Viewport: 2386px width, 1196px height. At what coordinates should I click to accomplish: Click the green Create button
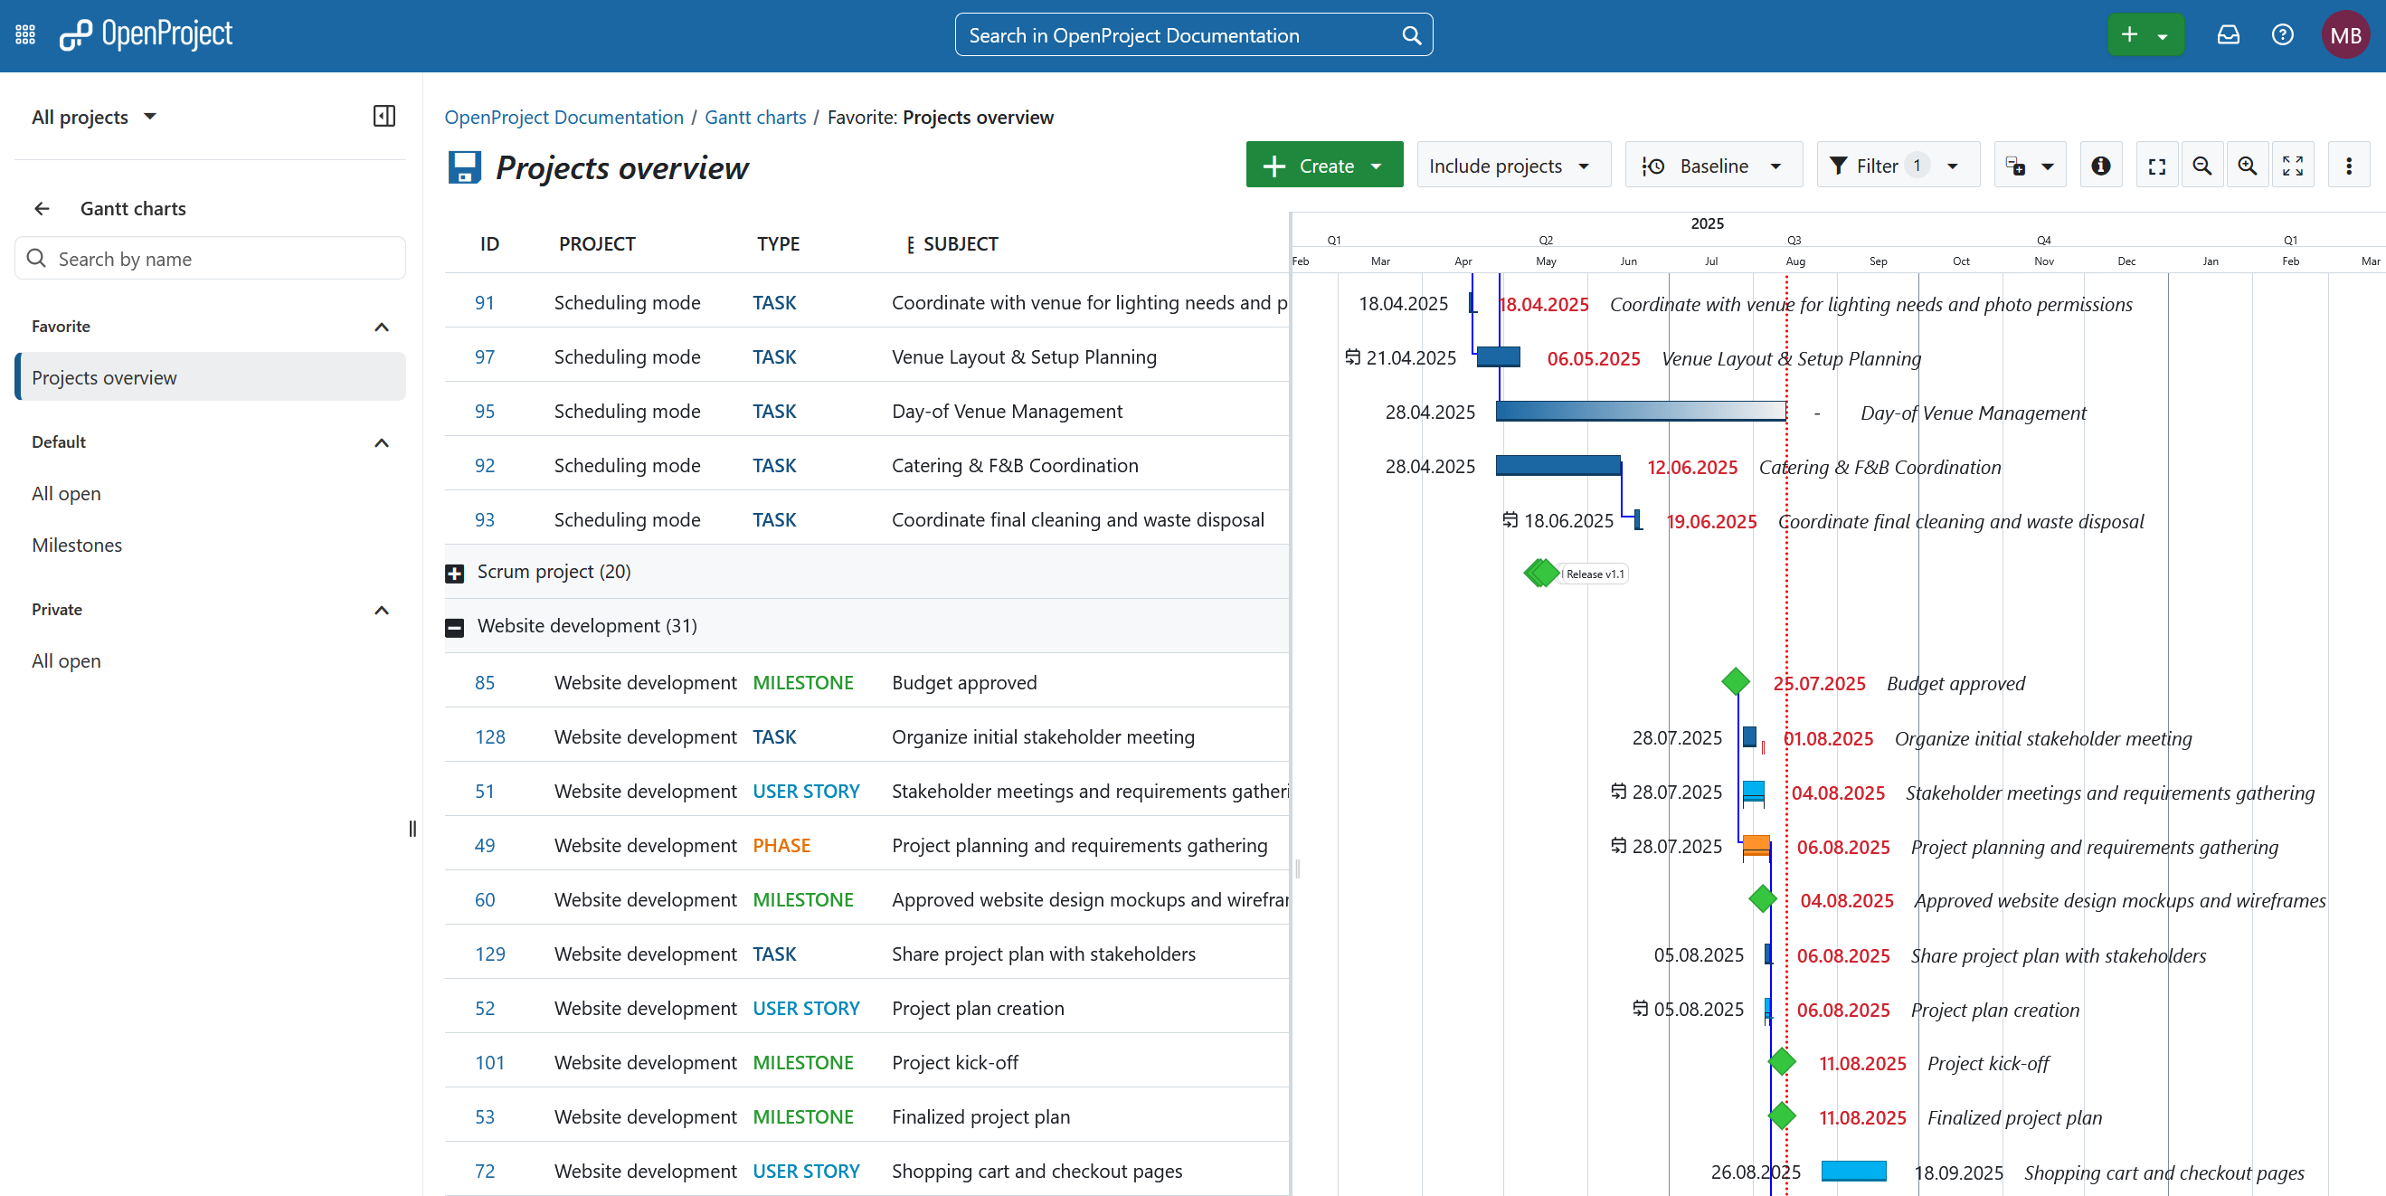click(1322, 166)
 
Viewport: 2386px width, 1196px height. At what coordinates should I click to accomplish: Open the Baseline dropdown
click(1713, 166)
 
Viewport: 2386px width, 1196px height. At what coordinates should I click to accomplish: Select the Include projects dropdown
click(1511, 166)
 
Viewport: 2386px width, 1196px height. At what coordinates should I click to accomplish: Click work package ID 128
click(489, 736)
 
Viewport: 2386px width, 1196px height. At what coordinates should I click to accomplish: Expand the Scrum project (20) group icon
click(454, 574)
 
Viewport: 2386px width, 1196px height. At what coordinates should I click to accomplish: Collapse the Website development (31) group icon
click(454, 627)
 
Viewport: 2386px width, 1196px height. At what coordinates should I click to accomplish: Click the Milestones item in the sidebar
click(77, 545)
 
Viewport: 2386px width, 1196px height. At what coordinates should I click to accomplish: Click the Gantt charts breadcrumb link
click(755, 117)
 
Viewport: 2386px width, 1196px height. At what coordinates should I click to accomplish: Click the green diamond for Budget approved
click(1735, 682)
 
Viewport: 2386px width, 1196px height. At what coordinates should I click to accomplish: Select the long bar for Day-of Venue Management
click(1640, 411)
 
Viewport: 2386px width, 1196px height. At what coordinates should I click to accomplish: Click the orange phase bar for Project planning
click(1756, 844)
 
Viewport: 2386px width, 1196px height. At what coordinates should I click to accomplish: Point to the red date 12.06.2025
click(1691, 467)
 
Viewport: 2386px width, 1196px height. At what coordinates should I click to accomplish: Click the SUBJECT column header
click(960, 243)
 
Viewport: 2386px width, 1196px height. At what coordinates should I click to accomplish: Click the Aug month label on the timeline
click(1794, 261)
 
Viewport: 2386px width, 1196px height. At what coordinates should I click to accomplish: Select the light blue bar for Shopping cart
click(1852, 1170)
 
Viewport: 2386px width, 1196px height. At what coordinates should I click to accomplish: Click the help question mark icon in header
click(2282, 35)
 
